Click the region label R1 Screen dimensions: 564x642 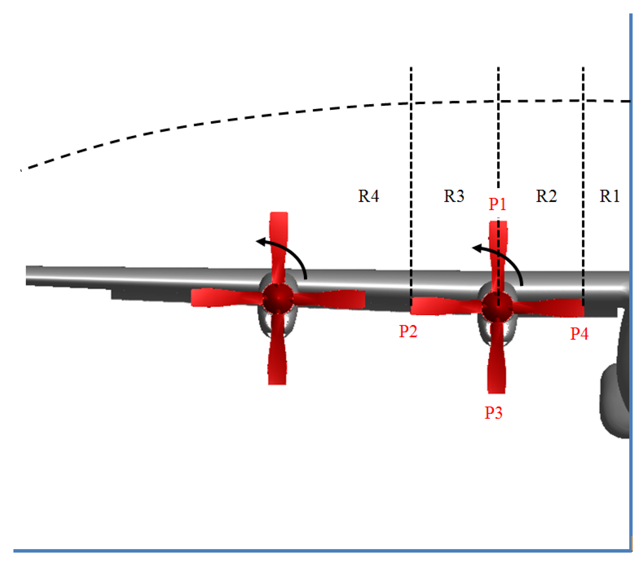click(x=609, y=196)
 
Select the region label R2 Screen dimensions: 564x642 click(x=546, y=196)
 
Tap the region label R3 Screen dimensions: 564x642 click(x=454, y=196)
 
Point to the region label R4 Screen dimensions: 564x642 click(x=368, y=196)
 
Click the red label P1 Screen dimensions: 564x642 click(x=497, y=204)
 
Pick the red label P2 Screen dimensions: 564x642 click(x=408, y=331)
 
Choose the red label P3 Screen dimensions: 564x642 click(x=493, y=413)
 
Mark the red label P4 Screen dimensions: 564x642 click(x=579, y=334)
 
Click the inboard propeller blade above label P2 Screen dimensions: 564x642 click(x=443, y=306)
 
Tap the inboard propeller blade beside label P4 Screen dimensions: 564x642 click(x=551, y=307)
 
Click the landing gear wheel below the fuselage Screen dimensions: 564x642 click(x=614, y=401)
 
